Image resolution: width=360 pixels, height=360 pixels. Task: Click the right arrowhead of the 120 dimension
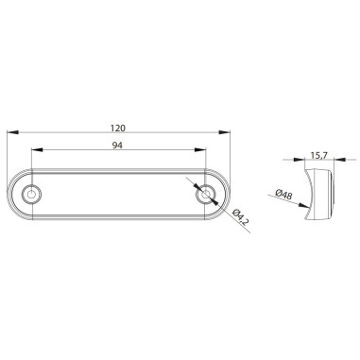pos(228,133)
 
